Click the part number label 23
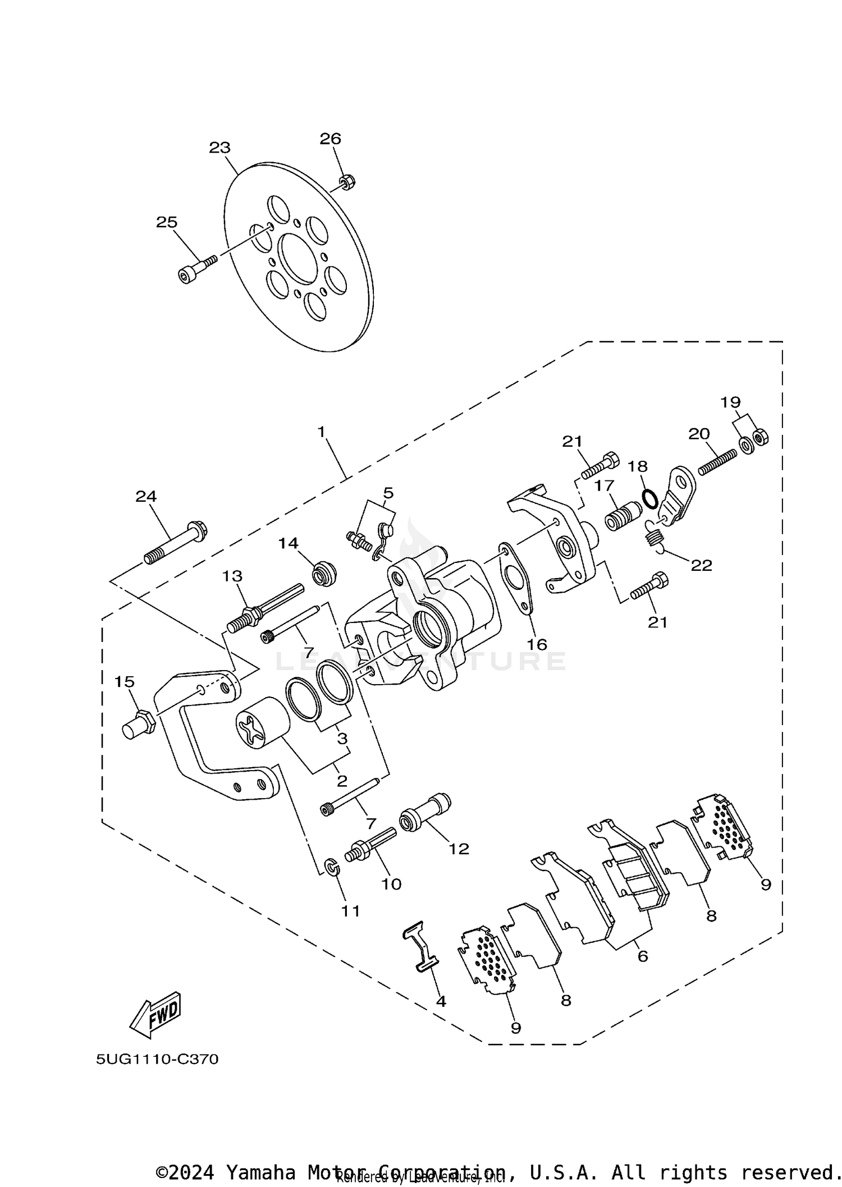tap(219, 148)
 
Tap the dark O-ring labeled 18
tap(650, 498)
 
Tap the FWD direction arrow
tap(155, 1014)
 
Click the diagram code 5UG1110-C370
tap(157, 1059)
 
